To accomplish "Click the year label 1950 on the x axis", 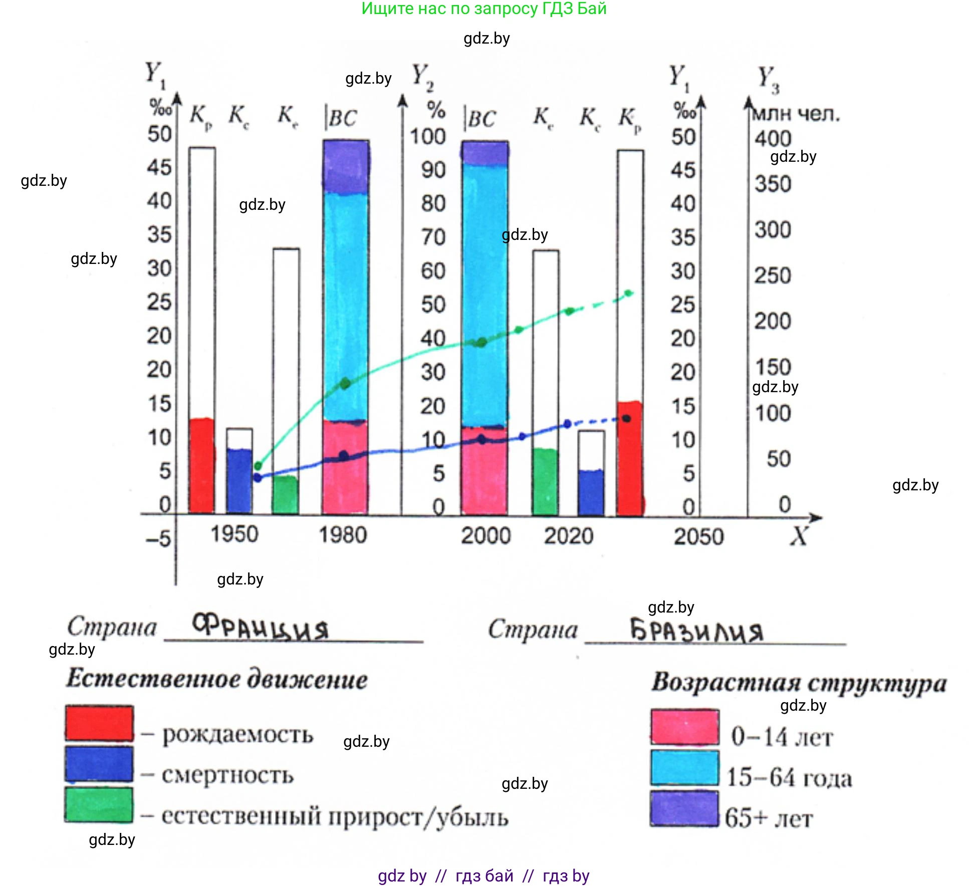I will coord(234,534).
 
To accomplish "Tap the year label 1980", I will coord(343,535).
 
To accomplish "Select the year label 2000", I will coord(486,536).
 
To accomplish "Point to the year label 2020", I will coord(569,536).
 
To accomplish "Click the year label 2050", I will coord(698,536).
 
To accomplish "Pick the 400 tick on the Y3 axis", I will coord(773,138).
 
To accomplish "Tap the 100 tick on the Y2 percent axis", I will coord(427,136).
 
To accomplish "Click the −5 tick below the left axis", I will coord(159,539).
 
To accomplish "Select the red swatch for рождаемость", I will coord(99,723).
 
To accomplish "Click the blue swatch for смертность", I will coord(99,764).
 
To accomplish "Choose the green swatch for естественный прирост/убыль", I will coord(99,805).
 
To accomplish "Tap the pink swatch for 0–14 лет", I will coord(684,727).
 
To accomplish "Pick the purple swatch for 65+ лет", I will coord(684,808).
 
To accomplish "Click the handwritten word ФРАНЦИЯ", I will coord(261,627).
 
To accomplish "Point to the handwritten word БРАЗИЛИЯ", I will coord(696,630).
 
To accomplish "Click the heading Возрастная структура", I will coord(799,683).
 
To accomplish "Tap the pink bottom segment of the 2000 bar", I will coord(484,471).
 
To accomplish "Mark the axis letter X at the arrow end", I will coord(799,536).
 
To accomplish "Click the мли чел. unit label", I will coord(796,114).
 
